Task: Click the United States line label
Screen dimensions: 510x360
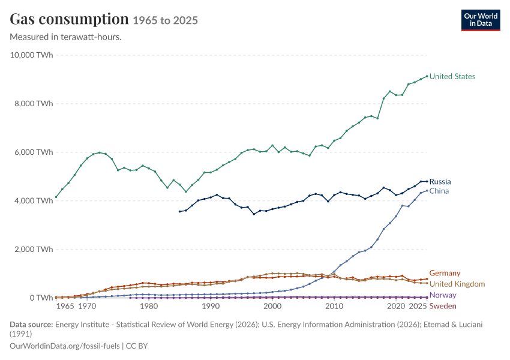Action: coord(452,76)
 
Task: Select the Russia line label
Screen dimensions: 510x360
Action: coord(440,181)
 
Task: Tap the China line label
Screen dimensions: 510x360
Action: coord(439,191)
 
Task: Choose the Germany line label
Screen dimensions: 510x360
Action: coord(445,273)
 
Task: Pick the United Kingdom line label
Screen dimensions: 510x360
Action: coord(457,284)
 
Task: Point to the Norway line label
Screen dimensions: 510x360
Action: coord(443,295)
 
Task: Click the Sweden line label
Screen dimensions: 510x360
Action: coord(443,306)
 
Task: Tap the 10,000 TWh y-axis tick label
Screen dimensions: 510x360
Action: coord(31,55)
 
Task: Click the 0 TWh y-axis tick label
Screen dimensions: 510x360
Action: coord(41,298)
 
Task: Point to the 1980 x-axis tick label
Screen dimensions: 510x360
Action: coord(149,307)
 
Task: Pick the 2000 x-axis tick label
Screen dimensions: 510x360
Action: coord(272,307)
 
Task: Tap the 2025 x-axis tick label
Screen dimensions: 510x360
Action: coord(418,307)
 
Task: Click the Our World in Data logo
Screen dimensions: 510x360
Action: coord(481,20)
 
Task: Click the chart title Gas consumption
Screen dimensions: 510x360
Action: coord(69,20)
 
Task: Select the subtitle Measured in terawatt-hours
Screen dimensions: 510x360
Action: coord(66,37)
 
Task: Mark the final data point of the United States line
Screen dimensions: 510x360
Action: coord(427,76)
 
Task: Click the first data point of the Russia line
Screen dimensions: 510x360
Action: coord(179,212)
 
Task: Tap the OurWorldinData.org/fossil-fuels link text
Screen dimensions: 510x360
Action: coord(65,346)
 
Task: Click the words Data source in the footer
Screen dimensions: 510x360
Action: coord(31,325)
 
